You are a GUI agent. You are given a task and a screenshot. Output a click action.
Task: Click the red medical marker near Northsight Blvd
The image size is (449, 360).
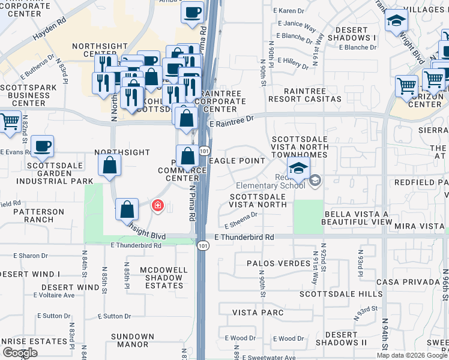pyautogui.click(x=157, y=206)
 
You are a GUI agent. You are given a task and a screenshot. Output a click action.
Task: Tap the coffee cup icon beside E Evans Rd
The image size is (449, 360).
pyautogui.click(x=42, y=146)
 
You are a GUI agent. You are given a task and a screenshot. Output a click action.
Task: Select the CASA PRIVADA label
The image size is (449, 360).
pyautogui.click(x=408, y=282)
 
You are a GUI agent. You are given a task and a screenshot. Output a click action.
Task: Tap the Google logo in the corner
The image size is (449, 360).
pyautogui.click(x=20, y=353)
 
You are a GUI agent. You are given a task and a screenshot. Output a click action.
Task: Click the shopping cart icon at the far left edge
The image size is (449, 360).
pyautogui.click(x=8, y=121)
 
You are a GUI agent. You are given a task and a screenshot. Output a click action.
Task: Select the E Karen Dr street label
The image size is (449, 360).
pyautogui.click(x=289, y=11)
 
